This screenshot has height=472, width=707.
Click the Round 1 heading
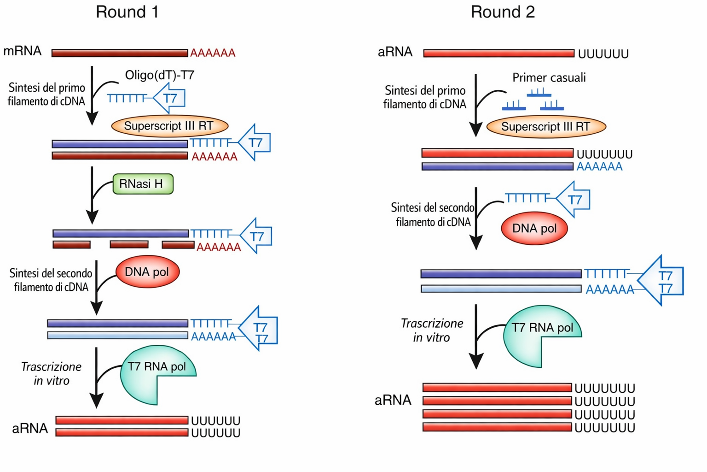click(127, 12)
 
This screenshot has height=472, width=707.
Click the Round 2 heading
click(503, 12)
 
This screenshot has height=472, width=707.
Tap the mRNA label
click(23, 51)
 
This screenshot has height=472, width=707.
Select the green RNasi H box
click(143, 183)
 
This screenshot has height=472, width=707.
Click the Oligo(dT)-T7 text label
click(160, 75)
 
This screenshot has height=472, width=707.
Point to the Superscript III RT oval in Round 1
click(170, 126)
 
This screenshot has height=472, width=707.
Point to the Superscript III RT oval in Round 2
click(546, 127)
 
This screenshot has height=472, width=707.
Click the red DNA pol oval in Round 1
click(147, 271)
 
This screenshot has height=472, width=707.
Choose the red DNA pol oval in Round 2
click(534, 228)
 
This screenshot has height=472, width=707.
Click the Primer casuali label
click(549, 77)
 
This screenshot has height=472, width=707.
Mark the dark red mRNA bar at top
click(120, 53)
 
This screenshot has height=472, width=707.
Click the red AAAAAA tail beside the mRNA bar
click(213, 53)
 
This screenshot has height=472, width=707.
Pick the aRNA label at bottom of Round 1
click(30, 428)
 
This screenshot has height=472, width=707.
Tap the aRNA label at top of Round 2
click(395, 52)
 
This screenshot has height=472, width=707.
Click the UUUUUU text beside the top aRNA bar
click(603, 54)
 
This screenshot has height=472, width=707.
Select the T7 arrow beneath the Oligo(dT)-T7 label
click(169, 98)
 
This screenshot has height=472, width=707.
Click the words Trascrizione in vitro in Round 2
click(432, 330)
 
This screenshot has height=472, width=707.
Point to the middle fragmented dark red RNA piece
click(129, 244)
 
